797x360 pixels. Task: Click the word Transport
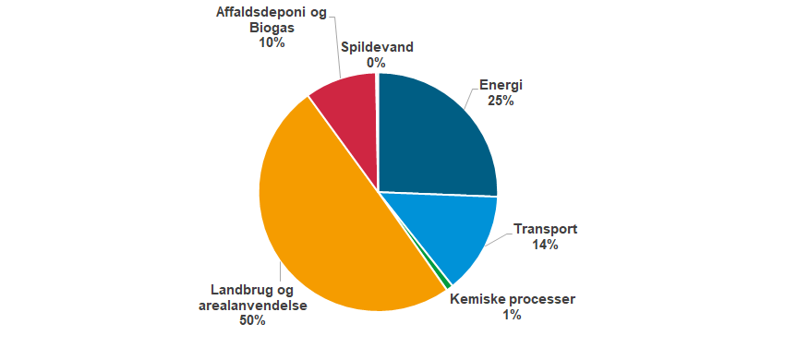pos(545,229)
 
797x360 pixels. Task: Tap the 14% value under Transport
pos(545,245)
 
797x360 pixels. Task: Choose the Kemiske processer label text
pos(512,299)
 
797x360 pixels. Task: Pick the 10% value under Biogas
pos(270,42)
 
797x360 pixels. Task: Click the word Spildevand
pos(376,47)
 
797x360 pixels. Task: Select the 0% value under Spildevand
pos(376,63)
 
